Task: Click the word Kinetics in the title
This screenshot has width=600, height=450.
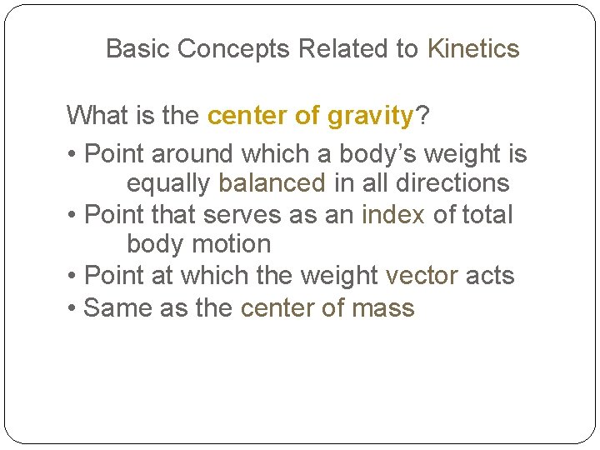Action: pos(472,49)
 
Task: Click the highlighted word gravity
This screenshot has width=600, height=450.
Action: pos(370,116)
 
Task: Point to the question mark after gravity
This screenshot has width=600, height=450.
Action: pos(422,116)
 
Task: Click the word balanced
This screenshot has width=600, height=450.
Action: pos(272,182)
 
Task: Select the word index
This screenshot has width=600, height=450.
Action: pos(393,214)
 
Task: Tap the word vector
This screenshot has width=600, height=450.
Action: pos(422,276)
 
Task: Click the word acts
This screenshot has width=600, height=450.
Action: pos(490,276)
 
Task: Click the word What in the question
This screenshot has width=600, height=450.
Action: pos(94,116)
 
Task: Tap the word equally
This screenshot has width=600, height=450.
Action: pos(169,183)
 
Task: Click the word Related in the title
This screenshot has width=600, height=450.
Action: pos(345,49)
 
